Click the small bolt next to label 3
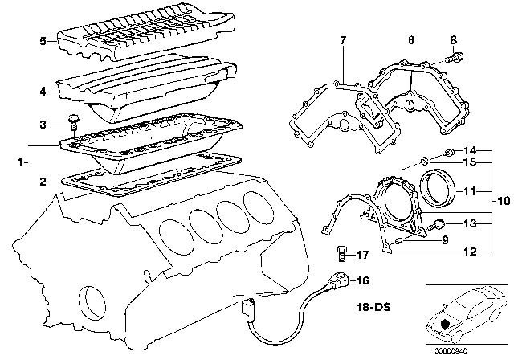74,122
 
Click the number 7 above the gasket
343,40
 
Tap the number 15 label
470,162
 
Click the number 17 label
363,256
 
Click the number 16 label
362,280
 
